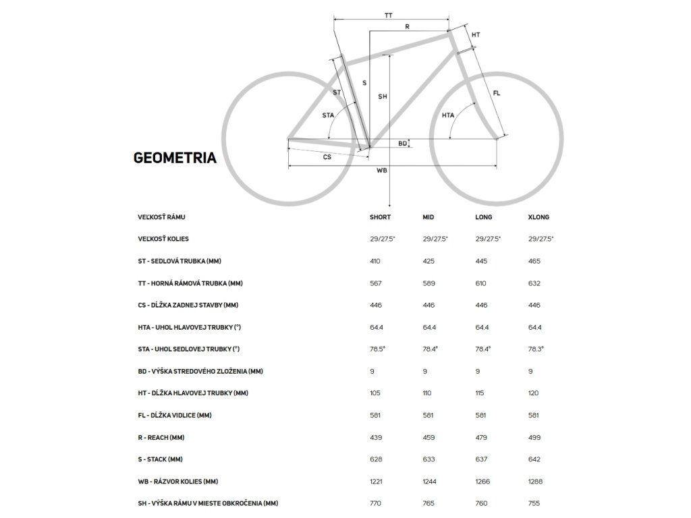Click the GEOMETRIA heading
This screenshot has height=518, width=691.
coord(175,158)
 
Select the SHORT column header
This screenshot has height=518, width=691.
coord(380,217)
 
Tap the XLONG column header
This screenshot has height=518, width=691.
coord(538,217)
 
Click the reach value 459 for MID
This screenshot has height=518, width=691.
coord(429,437)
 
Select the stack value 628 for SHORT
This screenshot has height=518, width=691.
coord(376,459)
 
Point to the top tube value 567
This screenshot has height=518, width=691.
coord(376,283)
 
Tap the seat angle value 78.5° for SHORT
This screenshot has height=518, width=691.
coord(377,349)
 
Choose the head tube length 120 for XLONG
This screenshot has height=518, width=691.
coord(534,393)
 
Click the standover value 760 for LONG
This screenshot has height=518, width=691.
coord(482,503)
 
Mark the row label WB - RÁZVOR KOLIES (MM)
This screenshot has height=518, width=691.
coord(177,482)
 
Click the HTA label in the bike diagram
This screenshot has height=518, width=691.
coord(448,115)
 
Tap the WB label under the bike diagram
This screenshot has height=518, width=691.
coord(381,170)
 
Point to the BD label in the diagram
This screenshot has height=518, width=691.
coord(402,143)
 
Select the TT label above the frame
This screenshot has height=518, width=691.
coord(388,15)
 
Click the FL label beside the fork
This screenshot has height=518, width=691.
coord(497,93)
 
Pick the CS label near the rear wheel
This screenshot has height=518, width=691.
coord(327,156)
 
